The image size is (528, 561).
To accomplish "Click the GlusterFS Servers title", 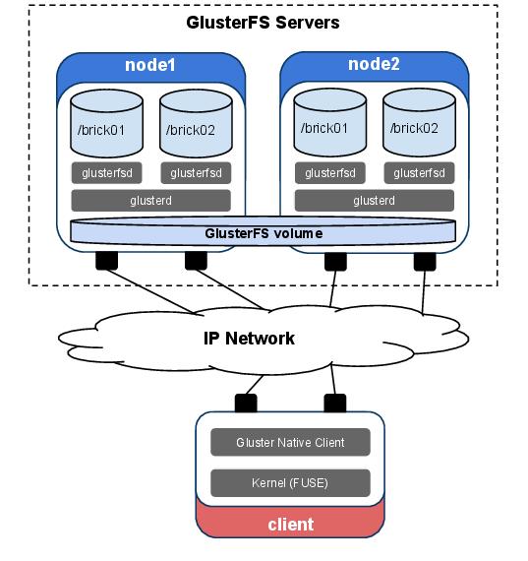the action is point(263,23).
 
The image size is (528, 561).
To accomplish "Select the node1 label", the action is point(150,65).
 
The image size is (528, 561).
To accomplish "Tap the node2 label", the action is point(374,64).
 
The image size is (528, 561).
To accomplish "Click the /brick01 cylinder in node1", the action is point(106,123).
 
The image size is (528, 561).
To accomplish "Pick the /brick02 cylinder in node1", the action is point(196,123).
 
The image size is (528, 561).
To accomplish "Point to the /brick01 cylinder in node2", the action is point(330,122).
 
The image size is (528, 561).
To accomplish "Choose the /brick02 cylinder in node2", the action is point(419,122).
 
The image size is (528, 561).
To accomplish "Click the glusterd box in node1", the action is point(150,201).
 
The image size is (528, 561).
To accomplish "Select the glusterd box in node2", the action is point(375,201).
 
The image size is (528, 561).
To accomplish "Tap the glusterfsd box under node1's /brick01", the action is point(106,173).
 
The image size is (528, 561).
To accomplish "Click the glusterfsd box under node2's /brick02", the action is point(419,173).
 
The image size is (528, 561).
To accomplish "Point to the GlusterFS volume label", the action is point(264,233).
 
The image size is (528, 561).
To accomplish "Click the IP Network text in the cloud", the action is point(249,339).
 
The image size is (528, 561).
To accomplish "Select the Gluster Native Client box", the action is point(290,442).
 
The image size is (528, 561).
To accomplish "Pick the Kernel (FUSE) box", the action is point(290,483).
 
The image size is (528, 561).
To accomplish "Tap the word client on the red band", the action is point(291,525).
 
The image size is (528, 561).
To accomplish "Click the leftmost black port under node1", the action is point(106,260).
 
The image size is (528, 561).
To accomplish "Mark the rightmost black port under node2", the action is point(425,262).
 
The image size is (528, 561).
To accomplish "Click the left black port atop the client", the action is point(246,403).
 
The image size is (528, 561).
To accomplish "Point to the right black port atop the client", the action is point(335,403).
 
